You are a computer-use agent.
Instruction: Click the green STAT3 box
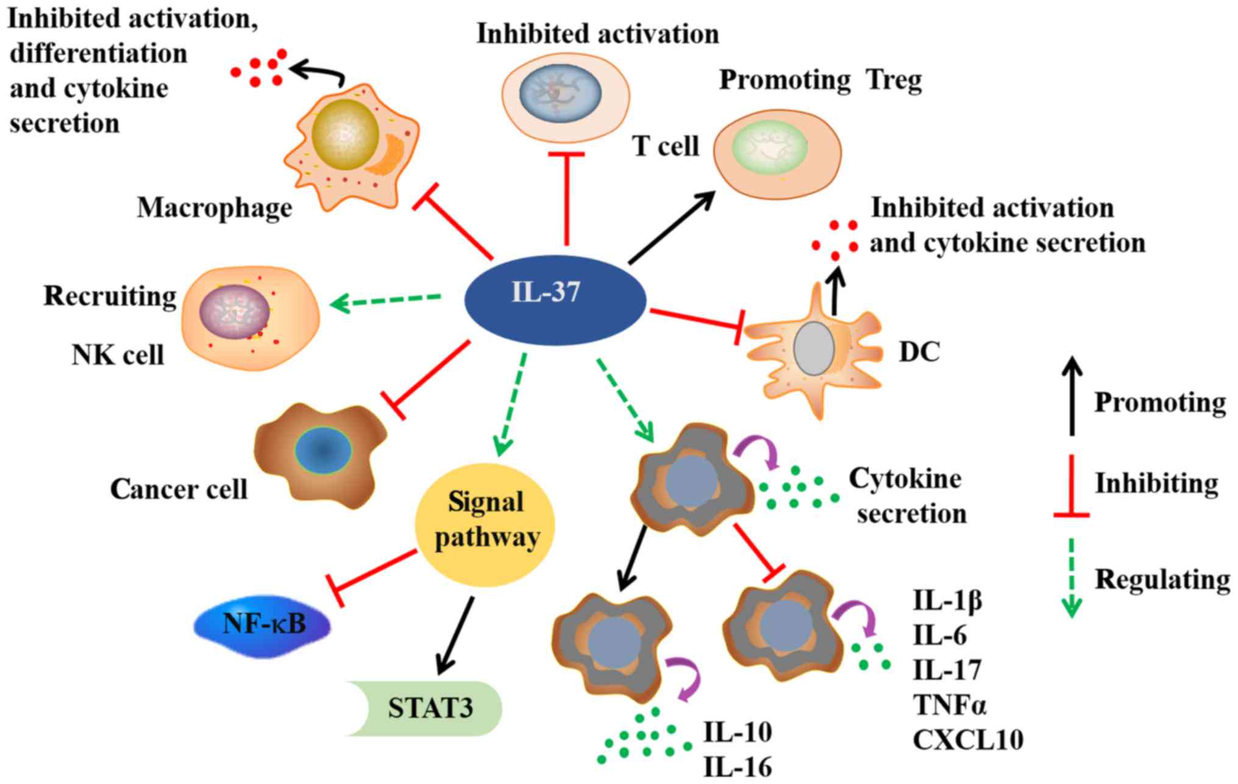pos(430,708)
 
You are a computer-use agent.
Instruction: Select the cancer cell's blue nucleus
pos(323,451)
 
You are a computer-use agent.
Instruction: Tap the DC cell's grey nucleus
pos(814,348)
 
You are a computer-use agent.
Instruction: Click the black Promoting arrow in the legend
pos(1072,397)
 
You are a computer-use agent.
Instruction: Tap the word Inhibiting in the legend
pos(1156,483)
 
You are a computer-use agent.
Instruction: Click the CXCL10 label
pos(967,739)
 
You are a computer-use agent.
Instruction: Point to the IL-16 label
pos(738,767)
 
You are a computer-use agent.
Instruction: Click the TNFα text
pos(949,705)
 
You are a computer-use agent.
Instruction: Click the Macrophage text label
pos(215,207)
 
